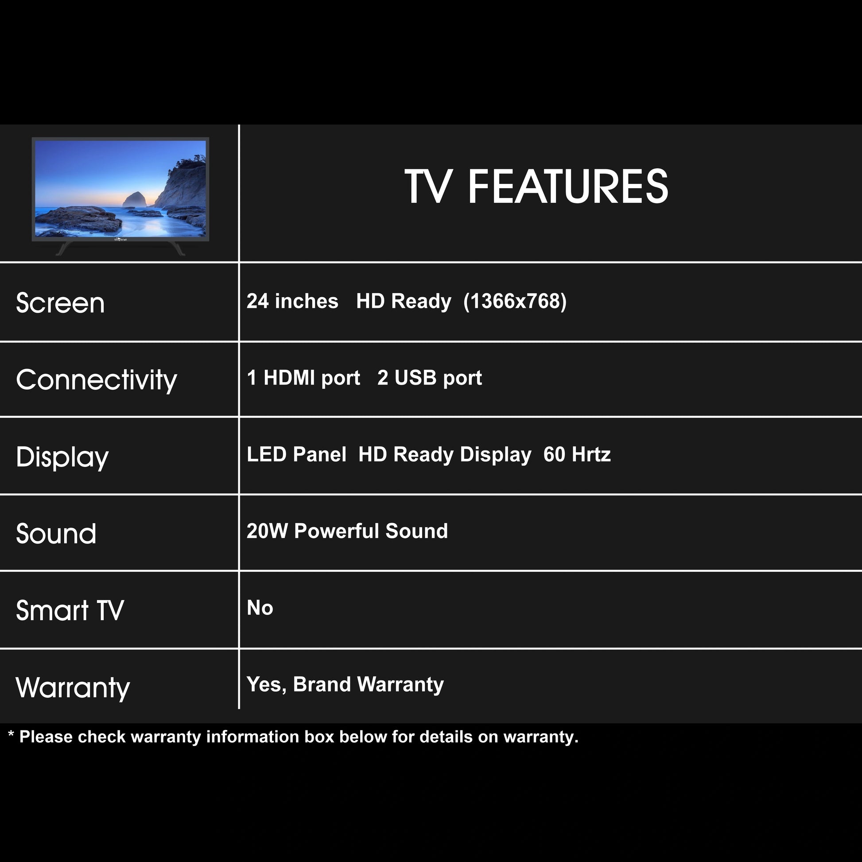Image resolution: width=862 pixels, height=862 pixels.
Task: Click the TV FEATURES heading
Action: (x=536, y=186)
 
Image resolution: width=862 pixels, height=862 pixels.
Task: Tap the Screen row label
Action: (x=60, y=303)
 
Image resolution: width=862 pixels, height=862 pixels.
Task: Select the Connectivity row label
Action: (x=97, y=380)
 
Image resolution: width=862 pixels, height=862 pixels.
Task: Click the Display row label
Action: (x=62, y=457)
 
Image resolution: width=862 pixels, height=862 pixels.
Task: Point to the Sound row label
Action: (x=56, y=533)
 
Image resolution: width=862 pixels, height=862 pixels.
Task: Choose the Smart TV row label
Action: (x=70, y=610)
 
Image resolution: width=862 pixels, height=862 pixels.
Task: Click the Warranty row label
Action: (x=73, y=687)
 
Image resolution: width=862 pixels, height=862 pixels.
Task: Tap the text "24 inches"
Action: (x=292, y=301)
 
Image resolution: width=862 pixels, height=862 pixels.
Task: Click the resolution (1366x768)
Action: (x=515, y=302)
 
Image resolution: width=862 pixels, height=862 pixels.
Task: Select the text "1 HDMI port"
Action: (x=303, y=378)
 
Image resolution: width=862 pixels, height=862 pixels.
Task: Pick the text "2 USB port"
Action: (x=430, y=378)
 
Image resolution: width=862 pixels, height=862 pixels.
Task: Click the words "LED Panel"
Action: (x=296, y=454)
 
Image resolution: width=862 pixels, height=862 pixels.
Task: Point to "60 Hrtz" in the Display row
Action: (x=577, y=454)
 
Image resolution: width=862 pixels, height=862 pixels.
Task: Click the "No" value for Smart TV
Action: (x=260, y=608)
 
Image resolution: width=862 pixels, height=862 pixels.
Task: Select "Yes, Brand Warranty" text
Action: (x=345, y=685)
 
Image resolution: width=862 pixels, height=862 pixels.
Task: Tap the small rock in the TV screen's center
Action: (x=134, y=200)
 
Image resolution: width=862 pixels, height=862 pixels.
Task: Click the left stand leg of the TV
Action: (x=63, y=248)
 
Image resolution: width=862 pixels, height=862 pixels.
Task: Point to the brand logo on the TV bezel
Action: (x=120, y=240)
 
